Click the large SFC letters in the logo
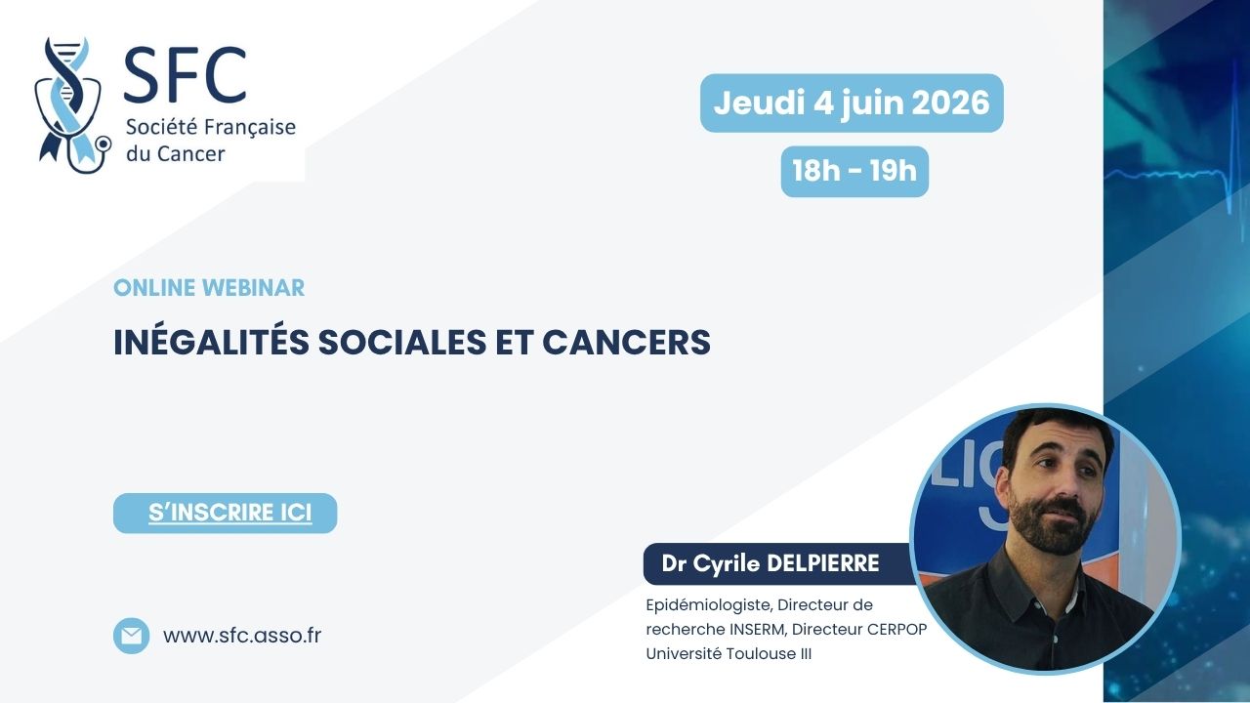tap(185, 75)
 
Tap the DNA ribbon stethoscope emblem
tap(72, 104)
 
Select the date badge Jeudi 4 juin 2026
tap(852, 103)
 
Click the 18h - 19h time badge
tap(854, 171)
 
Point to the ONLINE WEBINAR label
tap(209, 288)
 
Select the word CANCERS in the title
tap(626, 342)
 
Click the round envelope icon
tap(131, 636)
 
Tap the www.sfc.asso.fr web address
tap(242, 636)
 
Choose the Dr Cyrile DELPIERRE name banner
tap(779, 563)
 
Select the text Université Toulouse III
tap(729, 653)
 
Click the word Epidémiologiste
tap(709, 605)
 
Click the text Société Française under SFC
tap(210, 127)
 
